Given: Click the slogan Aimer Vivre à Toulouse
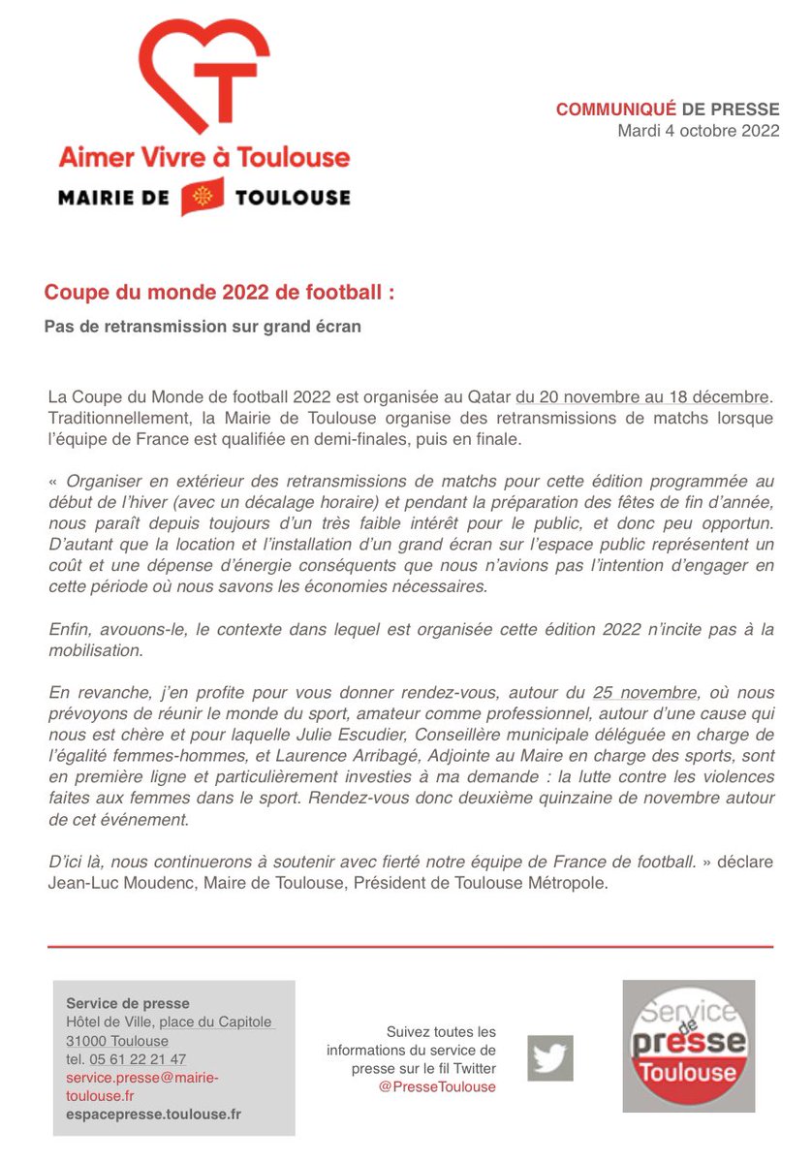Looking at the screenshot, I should tap(203, 156).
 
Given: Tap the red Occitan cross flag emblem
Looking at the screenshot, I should tap(203, 197).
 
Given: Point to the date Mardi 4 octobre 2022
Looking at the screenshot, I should tap(698, 131).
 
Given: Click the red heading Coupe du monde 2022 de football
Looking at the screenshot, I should tap(220, 292).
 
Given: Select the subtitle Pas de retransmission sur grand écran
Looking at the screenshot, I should tap(203, 327).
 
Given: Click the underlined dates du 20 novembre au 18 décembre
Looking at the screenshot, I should tap(644, 397).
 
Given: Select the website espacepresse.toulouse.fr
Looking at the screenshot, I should tap(153, 1115).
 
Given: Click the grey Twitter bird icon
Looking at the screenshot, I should tap(550, 1058).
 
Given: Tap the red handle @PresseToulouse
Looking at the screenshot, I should tap(437, 1086).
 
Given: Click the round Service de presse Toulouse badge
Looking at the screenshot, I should tap(688, 1045).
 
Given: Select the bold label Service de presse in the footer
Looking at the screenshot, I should tap(127, 1003).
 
